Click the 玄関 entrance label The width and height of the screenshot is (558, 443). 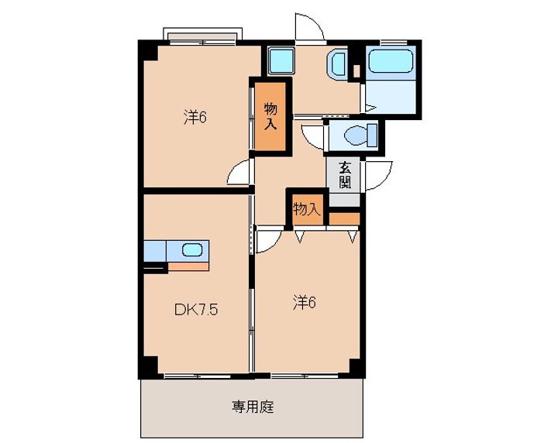344,176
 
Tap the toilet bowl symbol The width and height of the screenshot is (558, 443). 354,136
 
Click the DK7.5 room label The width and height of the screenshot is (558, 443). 195,310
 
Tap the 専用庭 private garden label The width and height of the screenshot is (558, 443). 252,406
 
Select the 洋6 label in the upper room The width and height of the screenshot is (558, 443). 195,118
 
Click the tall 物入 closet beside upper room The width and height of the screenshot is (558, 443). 270,115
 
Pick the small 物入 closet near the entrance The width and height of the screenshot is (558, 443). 305,208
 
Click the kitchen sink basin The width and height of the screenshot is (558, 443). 192,250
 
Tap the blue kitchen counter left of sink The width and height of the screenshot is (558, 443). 155,251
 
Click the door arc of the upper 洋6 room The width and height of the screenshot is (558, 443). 242,173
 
